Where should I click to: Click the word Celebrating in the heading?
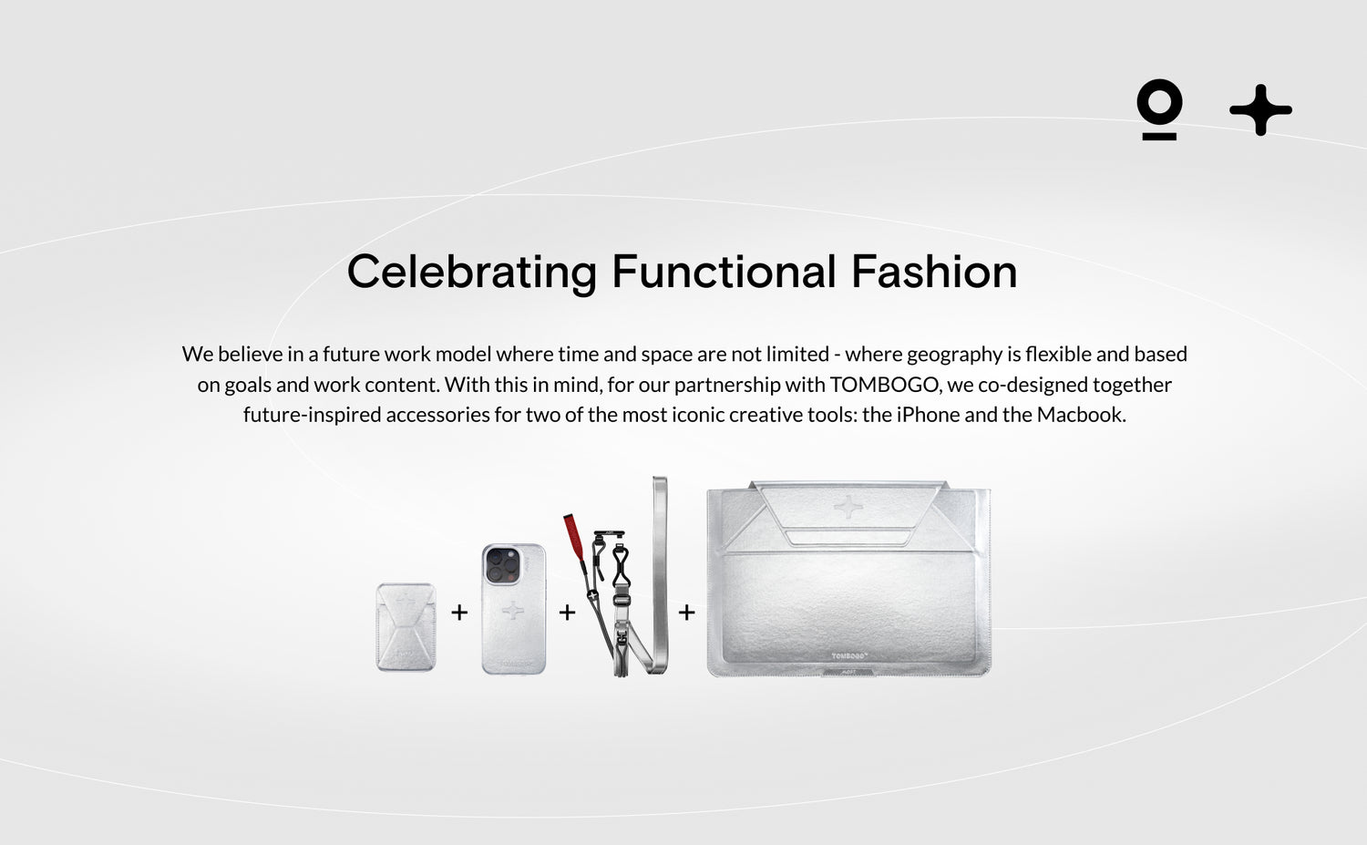(472, 273)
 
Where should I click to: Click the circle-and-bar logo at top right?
(1159, 110)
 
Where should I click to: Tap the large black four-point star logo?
(1260, 110)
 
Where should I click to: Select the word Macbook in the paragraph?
(1081, 415)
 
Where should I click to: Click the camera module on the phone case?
(503, 565)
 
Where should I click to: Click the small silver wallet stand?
(406, 627)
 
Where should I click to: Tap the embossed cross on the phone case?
(512, 611)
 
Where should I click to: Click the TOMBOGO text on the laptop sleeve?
(849, 655)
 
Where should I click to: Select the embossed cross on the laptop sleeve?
(848, 507)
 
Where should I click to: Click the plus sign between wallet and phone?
(459, 612)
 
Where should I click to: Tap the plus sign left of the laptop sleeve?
(687, 612)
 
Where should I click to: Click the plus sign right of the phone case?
(568, 612)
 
